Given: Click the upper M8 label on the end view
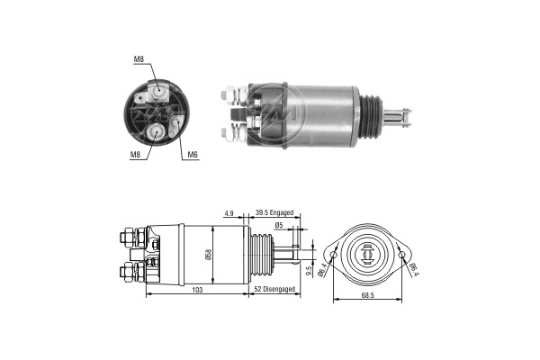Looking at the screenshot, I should (x=139, y=59).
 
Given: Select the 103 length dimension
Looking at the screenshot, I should (x=197, y=291).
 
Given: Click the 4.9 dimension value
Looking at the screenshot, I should (x=229, y=213).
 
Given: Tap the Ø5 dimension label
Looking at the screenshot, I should (x=279, y=225).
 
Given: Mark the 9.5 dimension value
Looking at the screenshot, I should (x=309, y=270).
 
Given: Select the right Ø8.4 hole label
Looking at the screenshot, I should (x=414, y=266).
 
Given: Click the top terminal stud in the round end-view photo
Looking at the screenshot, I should (x=158, y=90).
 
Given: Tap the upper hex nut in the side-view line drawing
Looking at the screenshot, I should (x=125, y=238).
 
